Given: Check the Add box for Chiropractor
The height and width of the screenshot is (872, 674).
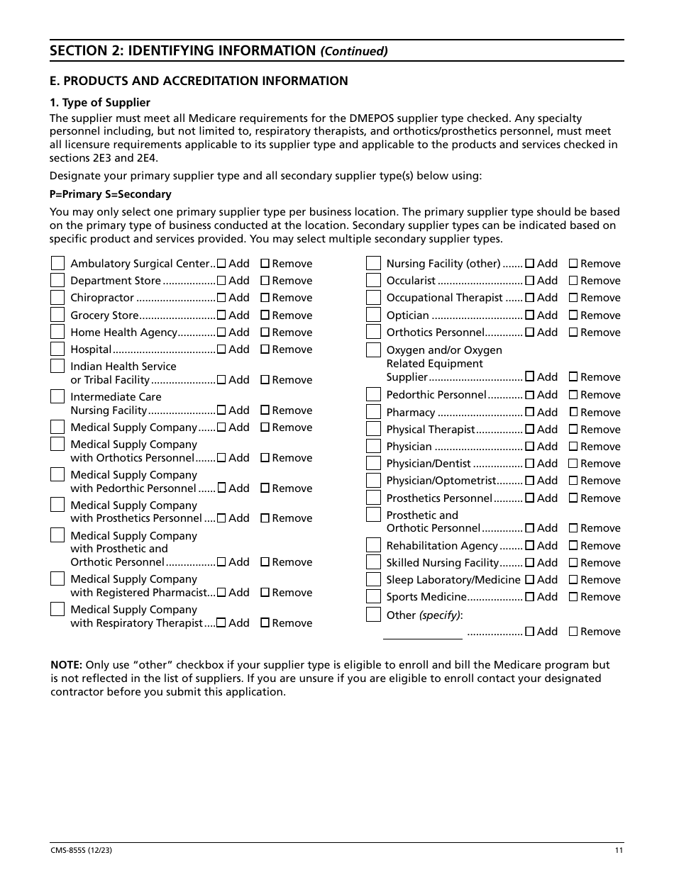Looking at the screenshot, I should point(221,298).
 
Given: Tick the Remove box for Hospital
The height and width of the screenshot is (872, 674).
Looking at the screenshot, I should point(265,350).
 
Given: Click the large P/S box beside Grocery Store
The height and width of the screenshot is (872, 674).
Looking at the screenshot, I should point(57,315).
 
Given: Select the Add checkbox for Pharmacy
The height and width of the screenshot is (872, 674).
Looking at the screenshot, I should point(530,413).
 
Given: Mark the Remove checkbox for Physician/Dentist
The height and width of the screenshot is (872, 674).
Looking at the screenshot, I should point(573,464).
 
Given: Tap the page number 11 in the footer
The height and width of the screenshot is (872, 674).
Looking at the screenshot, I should point(619,851).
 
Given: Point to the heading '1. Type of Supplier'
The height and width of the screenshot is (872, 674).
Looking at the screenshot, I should point(100,103).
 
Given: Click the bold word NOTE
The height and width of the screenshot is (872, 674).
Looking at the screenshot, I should point(66,665).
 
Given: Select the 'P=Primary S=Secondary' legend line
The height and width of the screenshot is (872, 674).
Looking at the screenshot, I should point(110,194).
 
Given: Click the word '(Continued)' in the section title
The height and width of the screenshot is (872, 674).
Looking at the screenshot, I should point(354,51).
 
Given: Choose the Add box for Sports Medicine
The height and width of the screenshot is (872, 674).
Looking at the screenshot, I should point(530,597).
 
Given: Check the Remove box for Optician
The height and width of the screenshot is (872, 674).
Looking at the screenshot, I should point(573,315).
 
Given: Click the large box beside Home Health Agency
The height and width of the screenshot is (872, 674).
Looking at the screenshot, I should point(57,332).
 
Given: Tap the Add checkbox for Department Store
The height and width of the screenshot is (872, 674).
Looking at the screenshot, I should point(221,281).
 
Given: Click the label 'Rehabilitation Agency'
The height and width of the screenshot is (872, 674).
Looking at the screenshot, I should point(441,546).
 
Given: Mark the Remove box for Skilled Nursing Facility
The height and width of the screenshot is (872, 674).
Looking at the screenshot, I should point(573,563).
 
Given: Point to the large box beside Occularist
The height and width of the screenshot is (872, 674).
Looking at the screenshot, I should point(373,281).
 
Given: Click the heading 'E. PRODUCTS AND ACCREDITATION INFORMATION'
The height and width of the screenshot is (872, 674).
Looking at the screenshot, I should point(199,81).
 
